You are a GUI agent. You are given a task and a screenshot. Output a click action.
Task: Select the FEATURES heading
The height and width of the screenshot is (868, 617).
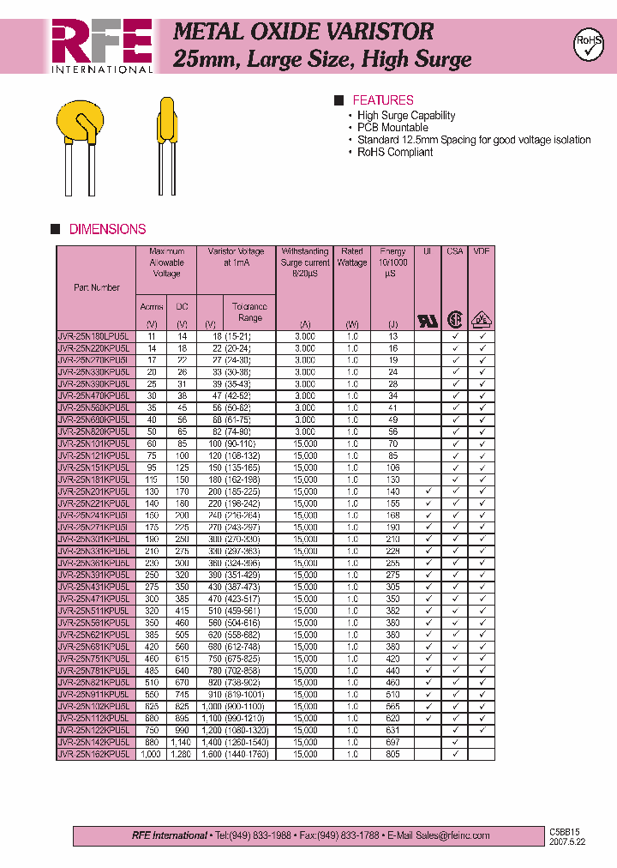382,100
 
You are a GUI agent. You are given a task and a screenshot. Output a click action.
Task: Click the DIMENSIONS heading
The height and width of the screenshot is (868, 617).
107,229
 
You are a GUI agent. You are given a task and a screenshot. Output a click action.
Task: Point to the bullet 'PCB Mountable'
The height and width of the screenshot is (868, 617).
392,128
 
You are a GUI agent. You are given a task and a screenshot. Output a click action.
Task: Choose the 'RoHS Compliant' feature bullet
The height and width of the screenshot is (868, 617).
395,152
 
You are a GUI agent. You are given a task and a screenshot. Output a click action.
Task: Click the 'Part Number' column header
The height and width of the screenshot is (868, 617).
96,287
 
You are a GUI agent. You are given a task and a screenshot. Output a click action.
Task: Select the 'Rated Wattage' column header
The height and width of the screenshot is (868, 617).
352,257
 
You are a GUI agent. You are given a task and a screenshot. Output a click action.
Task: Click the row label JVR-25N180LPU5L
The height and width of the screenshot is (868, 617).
93,337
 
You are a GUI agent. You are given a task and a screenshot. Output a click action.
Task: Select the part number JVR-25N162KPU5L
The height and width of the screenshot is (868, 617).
93,754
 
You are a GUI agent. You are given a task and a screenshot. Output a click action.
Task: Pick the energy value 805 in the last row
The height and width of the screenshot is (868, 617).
392,754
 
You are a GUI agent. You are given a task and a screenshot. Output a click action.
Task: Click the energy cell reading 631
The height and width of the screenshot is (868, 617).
392,730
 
